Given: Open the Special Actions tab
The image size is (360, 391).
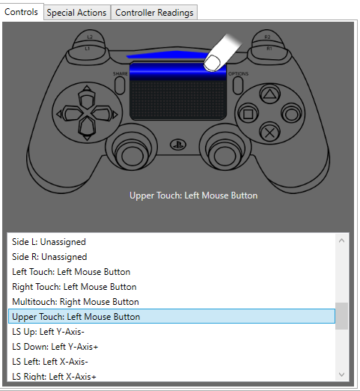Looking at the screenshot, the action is coord(77,13).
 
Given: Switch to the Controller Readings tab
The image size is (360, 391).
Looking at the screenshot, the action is coord(154,13).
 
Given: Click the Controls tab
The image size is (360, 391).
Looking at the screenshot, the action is coord(22,12).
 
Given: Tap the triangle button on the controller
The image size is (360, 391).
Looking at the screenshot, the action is coord(269,94).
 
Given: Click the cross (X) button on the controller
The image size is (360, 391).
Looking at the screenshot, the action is coord(269,133).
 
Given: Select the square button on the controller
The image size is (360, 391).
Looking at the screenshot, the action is coord(248,114).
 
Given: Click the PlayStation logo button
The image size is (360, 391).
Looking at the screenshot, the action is coord(178,145).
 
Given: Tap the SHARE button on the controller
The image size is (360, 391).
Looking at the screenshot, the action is coord(120,85).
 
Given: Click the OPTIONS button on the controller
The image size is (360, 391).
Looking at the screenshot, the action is coord(238,85).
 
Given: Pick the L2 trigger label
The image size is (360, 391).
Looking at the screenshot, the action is coord(90,37).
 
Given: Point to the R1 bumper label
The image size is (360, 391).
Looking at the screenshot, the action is coord(269,48).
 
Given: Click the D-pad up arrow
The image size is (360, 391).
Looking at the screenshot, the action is coord(87,98).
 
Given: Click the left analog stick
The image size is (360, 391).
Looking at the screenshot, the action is coord(132,155).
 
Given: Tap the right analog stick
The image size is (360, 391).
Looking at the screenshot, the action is coord(225,155).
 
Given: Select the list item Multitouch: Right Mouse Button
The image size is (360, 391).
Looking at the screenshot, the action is coord(76,302).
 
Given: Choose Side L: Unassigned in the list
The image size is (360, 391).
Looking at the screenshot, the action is coord(49,242).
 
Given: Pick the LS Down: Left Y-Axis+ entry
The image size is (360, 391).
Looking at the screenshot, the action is coord(55,347).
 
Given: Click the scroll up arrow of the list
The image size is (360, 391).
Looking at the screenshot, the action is coord(341,240).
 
